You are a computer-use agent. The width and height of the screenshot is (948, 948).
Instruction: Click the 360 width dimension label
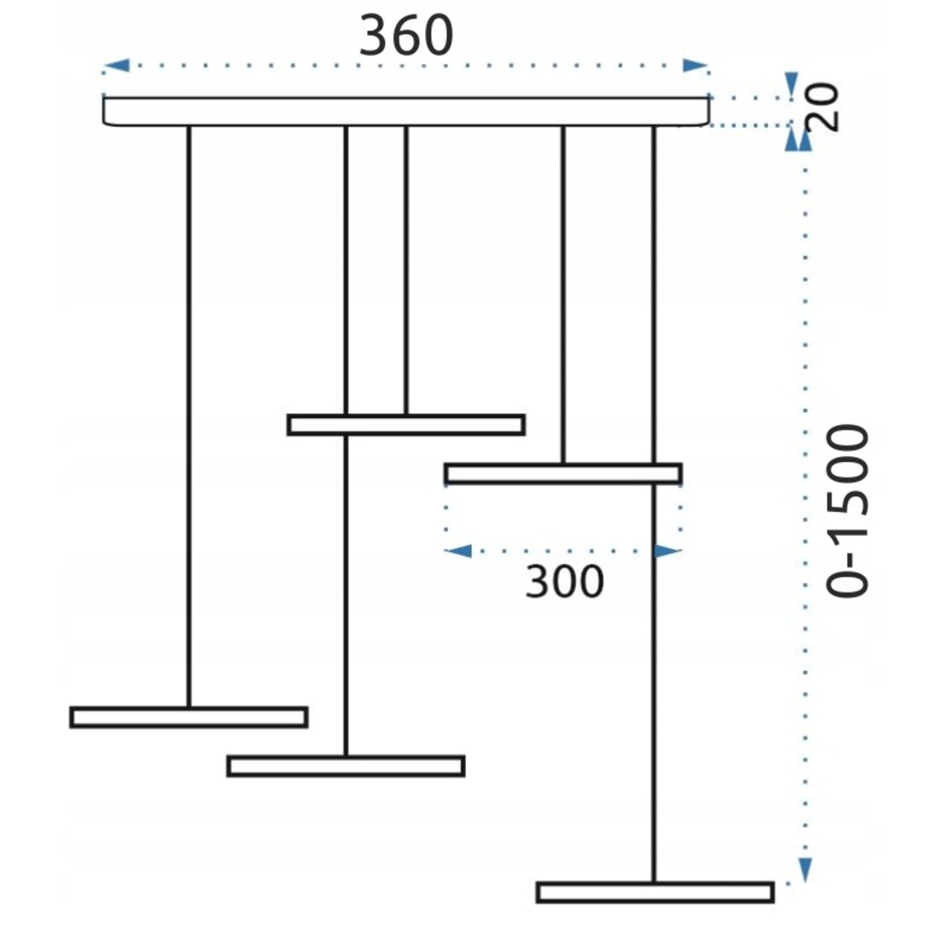406,36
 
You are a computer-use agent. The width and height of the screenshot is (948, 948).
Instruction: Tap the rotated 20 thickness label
823,107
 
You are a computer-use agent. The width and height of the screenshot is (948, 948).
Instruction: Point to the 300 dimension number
564,582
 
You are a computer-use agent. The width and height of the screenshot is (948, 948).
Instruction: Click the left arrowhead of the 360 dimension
116,66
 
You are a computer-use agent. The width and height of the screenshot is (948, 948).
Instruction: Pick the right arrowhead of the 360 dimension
696,66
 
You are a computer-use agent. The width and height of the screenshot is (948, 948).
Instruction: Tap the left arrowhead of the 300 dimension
457,551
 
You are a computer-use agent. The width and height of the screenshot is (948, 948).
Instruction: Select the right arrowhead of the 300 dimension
668,551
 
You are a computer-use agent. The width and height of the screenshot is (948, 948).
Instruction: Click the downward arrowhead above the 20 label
791,85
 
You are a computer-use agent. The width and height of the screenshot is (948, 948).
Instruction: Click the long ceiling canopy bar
406,111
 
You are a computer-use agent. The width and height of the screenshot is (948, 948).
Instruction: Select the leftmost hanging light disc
189,717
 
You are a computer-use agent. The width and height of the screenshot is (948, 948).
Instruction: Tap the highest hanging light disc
406,425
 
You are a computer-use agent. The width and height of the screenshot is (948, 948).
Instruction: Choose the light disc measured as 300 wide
563,474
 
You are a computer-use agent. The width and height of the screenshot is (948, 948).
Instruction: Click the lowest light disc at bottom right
655,893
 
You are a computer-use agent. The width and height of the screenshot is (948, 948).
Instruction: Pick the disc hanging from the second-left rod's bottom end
346,766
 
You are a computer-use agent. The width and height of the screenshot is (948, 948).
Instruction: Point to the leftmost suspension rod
189,416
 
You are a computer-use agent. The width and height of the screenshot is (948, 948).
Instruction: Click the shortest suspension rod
406,271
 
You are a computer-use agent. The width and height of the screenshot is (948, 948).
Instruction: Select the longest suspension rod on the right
654,504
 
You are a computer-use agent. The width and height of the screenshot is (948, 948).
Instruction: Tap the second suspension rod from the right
563,295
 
